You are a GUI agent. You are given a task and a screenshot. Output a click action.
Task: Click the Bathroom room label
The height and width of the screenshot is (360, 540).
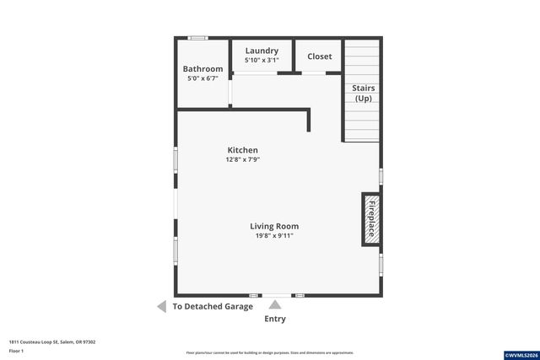point(203,69)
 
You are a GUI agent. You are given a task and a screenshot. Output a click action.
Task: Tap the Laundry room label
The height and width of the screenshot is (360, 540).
point(262,51)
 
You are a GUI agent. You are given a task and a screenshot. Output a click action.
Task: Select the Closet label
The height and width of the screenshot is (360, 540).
point(320,56)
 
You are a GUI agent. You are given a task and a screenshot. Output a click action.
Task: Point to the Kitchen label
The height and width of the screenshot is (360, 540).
point(242,150)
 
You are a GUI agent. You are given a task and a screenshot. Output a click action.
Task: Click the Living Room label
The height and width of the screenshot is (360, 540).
point(274,226)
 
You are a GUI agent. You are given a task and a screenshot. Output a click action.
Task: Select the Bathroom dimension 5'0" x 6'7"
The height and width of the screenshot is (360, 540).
point(203,78)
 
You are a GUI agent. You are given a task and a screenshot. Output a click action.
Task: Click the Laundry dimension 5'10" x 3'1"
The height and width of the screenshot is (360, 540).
point(262,60)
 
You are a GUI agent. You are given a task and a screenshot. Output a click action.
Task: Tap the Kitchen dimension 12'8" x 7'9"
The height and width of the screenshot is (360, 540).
point(242,159)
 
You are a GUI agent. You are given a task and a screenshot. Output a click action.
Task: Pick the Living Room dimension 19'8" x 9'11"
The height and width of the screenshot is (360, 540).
point(274,235)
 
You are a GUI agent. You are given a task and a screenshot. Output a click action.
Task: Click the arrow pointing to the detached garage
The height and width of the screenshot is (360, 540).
point(161,307)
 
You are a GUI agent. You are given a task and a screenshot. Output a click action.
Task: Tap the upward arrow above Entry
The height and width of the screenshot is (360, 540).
point(275,304)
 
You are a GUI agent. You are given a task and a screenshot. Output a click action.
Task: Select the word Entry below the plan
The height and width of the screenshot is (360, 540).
point(275,320)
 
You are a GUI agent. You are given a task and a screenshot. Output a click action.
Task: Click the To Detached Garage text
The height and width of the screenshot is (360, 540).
point(213,307)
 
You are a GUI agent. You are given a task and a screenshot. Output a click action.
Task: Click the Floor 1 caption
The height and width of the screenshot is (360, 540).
point(18,350)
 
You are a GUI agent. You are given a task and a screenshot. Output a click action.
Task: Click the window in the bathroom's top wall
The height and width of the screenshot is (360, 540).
point(197,38)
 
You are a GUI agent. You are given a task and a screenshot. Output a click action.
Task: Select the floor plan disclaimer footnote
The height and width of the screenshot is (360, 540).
point(270,352)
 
